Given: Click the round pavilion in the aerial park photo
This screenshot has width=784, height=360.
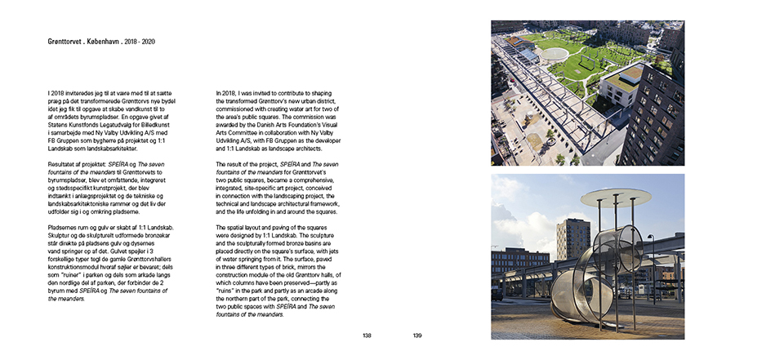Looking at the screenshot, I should click(556, 54).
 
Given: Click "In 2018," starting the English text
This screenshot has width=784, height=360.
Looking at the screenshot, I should click(227, 94).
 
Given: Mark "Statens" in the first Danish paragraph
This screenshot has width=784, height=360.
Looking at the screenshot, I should click(61, 125).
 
